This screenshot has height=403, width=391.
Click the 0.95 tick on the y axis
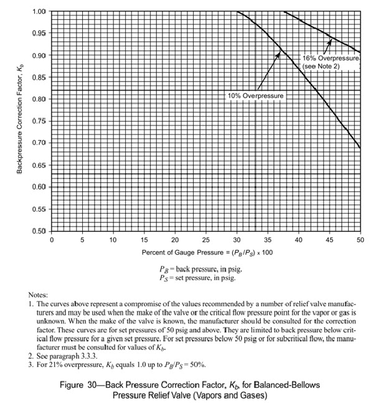38,33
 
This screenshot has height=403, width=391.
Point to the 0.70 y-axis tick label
38,143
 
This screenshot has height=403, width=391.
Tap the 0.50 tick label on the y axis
38,232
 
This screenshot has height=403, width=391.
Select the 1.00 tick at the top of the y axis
38,11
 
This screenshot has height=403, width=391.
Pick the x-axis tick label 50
360,240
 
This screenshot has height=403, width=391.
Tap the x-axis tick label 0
52,240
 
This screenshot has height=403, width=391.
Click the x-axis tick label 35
267,240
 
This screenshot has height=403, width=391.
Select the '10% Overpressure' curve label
255,97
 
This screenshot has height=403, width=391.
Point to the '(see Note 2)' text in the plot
321,65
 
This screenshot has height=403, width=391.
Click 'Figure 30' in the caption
80,384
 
